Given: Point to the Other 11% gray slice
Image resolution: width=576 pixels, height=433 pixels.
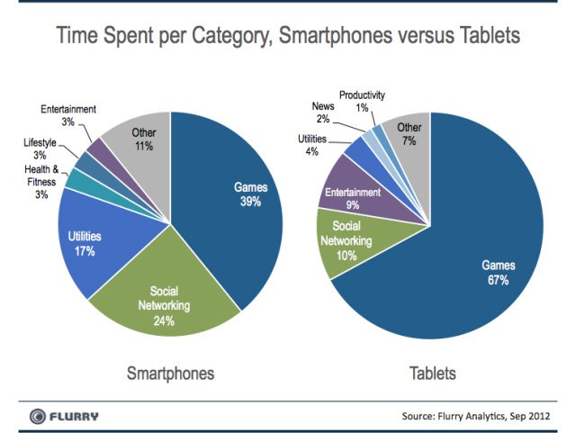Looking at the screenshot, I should (x=139, y=144).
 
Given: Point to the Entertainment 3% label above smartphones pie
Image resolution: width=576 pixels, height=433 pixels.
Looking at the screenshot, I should (x=68, y=115).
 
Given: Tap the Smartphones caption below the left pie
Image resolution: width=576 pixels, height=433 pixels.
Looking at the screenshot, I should (x=170, y=372).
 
